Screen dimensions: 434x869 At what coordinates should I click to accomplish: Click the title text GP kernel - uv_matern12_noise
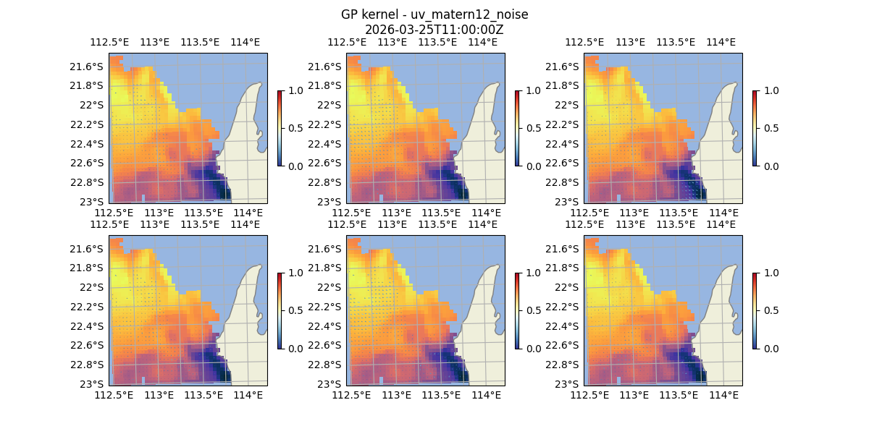[x=434, y=14]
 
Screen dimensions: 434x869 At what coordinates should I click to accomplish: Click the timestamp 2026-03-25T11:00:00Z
[x=434, y=30]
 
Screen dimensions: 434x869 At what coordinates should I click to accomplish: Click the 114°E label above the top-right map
[x=721, y=42]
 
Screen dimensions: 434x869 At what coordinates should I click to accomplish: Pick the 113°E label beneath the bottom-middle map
[x=396, y=395]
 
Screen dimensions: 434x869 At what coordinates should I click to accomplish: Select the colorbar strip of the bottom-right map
[x=755, y=310]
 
